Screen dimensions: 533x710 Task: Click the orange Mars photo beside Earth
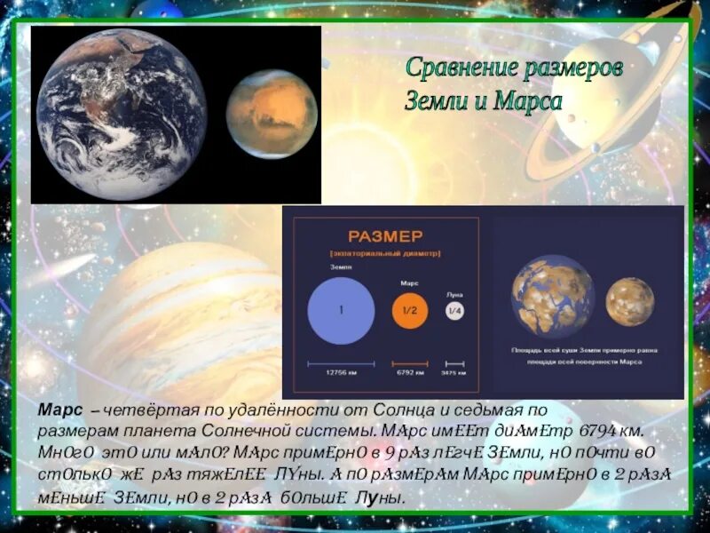[x=272, y=113]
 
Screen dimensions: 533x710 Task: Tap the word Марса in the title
[x=529, y=100]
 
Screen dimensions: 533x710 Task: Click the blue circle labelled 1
[x=340, y=311]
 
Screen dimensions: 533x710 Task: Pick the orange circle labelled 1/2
[x=410, y=311]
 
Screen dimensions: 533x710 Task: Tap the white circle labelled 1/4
[x=455, y=311]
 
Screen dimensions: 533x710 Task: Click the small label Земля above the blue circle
[x=328, y=266]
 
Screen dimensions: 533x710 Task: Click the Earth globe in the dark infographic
[x=552, y=296]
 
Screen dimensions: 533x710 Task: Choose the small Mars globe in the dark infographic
[x=630, y=301]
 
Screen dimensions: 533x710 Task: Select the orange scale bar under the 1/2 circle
[x=410, y=362]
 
